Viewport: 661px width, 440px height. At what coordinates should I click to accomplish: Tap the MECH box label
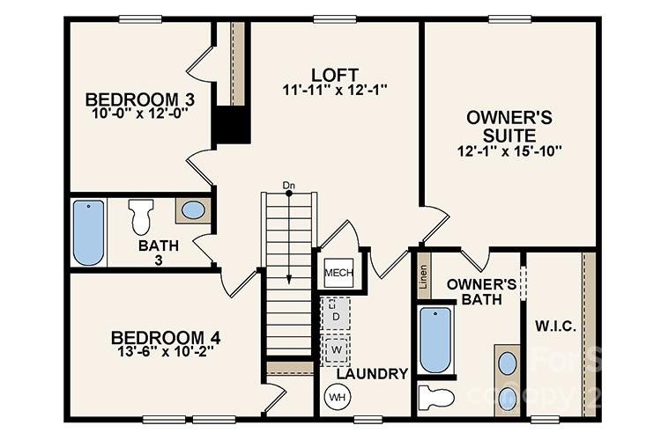click(x=338, y=274)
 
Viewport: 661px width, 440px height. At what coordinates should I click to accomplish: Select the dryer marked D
click(x=336, y=314)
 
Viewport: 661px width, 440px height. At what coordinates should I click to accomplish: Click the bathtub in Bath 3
click(x=88, y=232)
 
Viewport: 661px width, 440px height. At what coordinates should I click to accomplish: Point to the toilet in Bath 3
click(x=141, y=216)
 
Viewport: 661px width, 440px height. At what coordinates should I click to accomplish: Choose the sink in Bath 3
click(x=193, y=211)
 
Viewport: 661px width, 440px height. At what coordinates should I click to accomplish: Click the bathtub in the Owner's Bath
click(x=435, y=340)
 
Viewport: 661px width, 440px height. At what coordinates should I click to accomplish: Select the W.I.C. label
click(x=555, y=326)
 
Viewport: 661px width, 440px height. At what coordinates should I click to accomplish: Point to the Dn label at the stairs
click(x=288, y=185)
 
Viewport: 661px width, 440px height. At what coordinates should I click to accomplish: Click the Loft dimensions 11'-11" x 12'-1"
click(x=335, y=89)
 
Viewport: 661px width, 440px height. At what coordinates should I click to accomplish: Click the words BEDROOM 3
click(x=140, y=99)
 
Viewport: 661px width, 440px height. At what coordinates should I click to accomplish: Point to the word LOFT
click(x=335, y=73)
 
